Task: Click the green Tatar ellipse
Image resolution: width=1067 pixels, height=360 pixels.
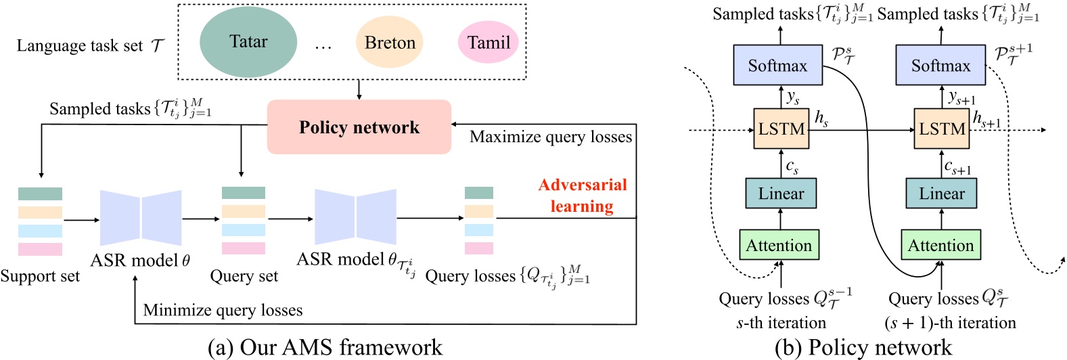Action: point(248,42)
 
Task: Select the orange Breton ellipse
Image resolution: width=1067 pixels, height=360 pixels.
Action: point(390,43)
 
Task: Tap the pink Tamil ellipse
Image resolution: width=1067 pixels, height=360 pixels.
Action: point(488,43)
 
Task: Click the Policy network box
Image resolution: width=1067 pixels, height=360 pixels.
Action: point(359,127)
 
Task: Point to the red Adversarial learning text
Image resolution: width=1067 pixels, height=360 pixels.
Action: point(583,196)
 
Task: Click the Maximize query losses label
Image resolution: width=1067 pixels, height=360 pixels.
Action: point(551,137)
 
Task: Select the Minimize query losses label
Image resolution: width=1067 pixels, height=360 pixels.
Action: point(223,311)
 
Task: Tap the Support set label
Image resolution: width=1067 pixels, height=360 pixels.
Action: point(40,276)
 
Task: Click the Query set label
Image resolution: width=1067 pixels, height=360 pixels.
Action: point(244,276)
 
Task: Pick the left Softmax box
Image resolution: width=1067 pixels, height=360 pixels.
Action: point(777,66)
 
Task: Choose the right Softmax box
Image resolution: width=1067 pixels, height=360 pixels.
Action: point(940,66)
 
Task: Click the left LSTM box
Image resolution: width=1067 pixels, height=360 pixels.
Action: point(781,129)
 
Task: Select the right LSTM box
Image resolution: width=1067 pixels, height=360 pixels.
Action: point(942,129)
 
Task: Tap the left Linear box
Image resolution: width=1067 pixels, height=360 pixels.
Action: point(781,194)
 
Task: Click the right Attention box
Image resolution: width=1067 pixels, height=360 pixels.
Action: point(940,246)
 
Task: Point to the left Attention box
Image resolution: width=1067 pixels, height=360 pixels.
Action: point(779,246)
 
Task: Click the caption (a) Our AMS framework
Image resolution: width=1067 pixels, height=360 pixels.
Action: point(325,348)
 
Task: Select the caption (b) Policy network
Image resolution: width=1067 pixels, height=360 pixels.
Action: point(863,348)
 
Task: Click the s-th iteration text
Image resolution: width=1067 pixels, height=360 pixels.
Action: point(781,323)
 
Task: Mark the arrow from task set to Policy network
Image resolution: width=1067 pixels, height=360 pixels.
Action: point(359,89)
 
